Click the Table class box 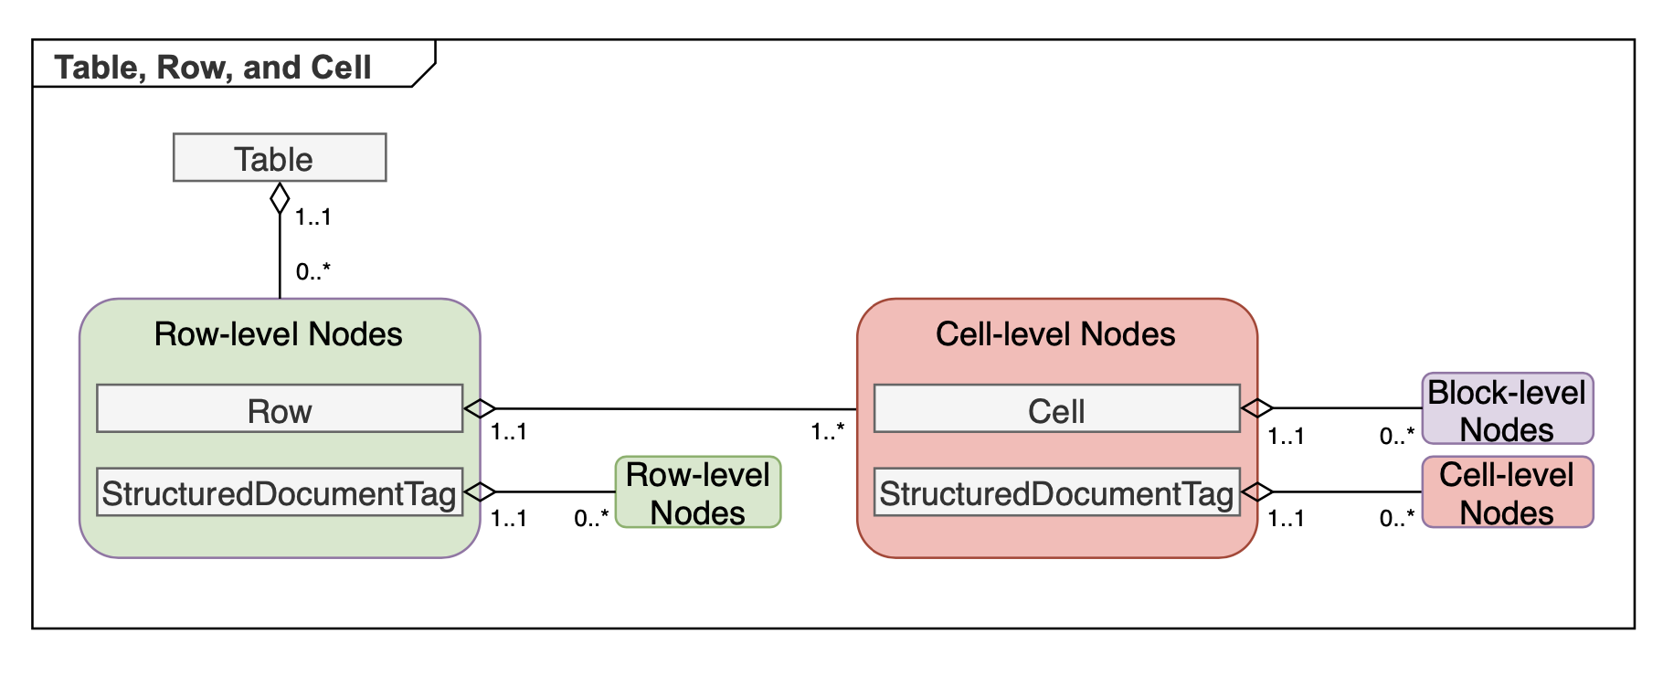[280, 158]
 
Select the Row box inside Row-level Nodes [280, 409]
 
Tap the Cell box [1056, 409]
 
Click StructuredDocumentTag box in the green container [280, 492]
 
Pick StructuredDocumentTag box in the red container [1056, 492]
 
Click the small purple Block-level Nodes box [1507, 409]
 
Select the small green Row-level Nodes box [698, 492]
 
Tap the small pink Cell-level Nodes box [1507, 492]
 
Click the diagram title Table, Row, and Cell [213, 68]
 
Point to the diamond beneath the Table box [280, 198]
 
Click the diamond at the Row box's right [480, 409]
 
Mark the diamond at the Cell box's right [1256, 409]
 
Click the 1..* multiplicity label [827, 431]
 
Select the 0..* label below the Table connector [312, 271]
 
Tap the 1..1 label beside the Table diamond [312, 217]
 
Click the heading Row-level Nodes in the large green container [278, 334]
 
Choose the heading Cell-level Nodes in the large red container [1055, 334]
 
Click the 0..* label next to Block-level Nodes [1396, 436]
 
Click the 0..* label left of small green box [590, 519]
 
